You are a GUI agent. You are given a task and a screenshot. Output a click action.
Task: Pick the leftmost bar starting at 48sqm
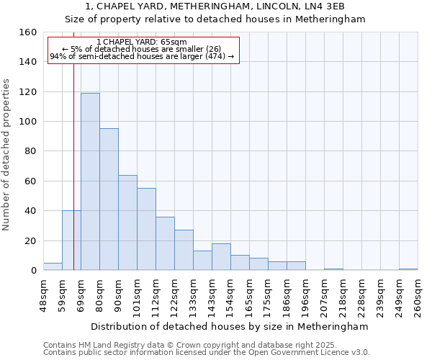coord(53,266)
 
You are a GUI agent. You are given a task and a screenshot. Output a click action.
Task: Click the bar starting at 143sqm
coord(221,257)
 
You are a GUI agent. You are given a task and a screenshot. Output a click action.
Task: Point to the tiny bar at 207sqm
coord(333,269)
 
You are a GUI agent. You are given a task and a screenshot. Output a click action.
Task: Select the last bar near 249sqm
coord(408,269)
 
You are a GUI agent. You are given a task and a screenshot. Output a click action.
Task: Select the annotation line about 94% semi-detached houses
coord(142,56)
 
